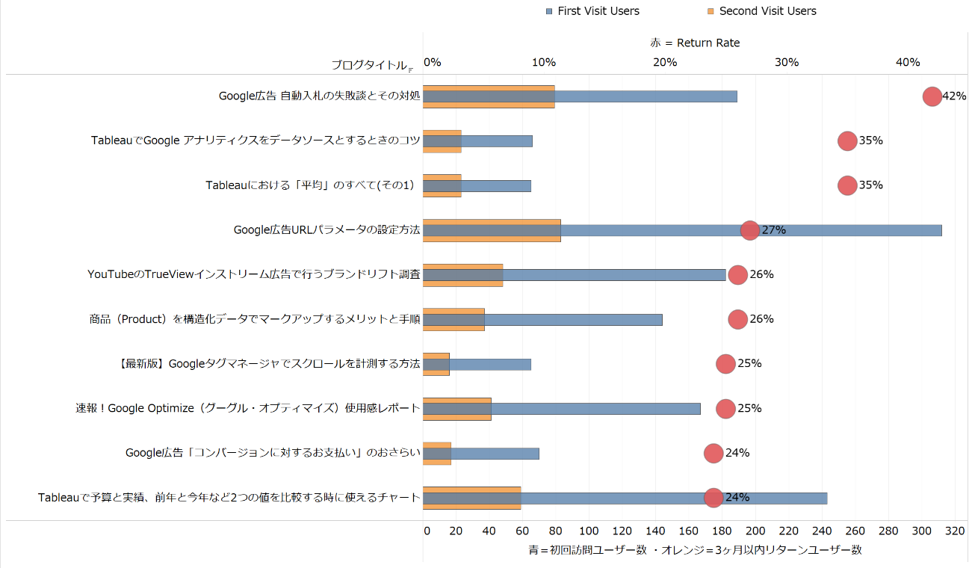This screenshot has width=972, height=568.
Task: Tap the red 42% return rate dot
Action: click(x=932, y=96)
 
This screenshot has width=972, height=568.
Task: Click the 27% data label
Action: click(x=773, y=230)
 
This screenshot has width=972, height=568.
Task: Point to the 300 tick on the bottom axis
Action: click(x=922, y=531)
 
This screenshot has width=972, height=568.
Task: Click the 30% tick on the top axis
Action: click(x=786, y=63)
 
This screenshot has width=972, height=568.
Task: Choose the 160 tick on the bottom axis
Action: click(x=690, y=531)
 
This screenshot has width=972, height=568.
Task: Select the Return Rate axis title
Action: click(x=695, y=43)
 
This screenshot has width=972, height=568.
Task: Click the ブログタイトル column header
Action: click(x=371, y=65)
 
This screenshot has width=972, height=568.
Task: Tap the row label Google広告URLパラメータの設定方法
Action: click(x=327, y=230)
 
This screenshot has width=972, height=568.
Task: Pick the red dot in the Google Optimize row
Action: click(x=725, y=408)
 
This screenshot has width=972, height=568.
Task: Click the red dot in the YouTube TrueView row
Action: click(x=737, y=274)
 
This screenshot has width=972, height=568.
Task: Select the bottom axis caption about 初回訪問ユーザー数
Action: click(x=695, y=549)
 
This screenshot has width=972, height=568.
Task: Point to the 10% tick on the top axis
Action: click(x=544, y=63)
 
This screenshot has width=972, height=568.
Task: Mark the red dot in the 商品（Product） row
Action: click(x=737, y=319)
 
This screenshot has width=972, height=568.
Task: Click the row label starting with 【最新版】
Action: click(x=270, y=364)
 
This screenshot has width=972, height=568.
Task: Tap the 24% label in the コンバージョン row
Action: click(x=737, y=453)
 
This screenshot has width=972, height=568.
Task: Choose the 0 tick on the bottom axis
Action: click(x=427, y=531)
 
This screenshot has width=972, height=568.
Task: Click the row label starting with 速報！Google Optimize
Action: click(x=248, y=408)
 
